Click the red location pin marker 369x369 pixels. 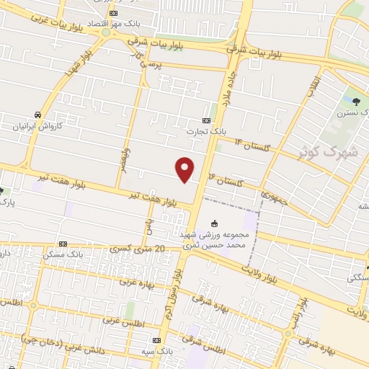[x=185, y=169]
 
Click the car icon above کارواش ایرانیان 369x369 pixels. [x=35, y=115]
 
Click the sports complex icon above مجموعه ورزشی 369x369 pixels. [x=213, y=223]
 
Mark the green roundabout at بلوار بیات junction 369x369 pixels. [x=106, y=32]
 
